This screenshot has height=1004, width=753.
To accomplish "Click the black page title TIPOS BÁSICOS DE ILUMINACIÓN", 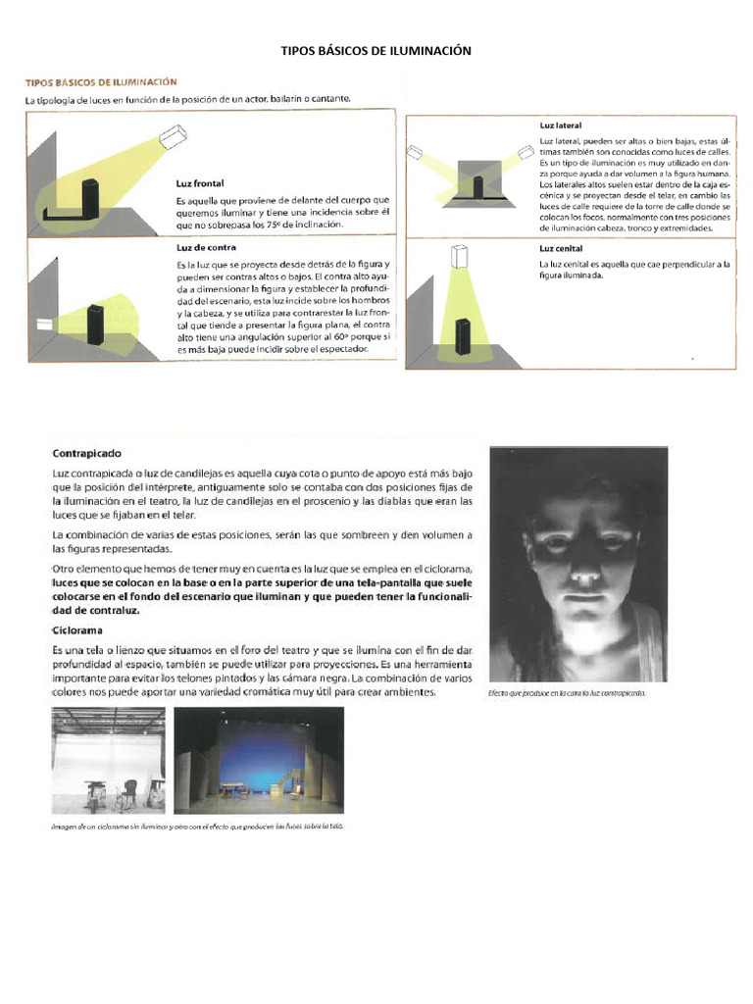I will (x=376, y=50).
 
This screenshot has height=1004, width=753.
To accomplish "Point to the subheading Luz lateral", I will (x=561, y=127).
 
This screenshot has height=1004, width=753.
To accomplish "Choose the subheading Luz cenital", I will (x=561, y=249).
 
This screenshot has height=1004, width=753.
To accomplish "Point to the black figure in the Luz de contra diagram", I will (x=95, y=324).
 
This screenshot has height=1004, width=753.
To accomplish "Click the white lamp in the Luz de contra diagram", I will (x=44, y=324).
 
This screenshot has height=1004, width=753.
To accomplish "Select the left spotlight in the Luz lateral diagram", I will (x=415, y=154).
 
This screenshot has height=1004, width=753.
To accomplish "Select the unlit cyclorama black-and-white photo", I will (x=107, y=760).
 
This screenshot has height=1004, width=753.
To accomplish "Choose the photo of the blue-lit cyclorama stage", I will (x=259, y=760).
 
